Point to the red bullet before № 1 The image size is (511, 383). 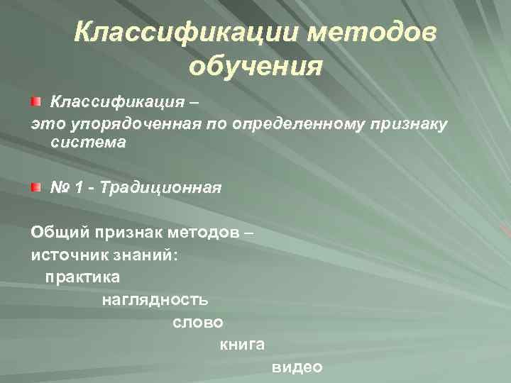click(35, 187)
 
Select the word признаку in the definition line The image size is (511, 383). click(407, 125)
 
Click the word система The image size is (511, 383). click(88, 142)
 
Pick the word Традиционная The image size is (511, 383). click(160, 188)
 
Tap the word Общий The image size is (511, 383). click(54, 233)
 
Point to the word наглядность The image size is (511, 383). click(155, 299)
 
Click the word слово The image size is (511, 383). click(198, 322)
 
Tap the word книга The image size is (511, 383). click(242, 345)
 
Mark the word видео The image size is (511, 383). click(297, 367)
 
